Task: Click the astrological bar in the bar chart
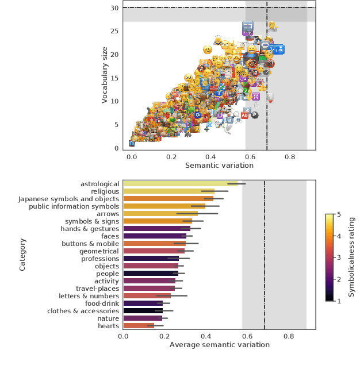(x=180, y=184)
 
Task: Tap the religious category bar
(x=168, y=191)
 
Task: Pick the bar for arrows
(x=160, y=214)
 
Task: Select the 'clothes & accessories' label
(x=83, y=311)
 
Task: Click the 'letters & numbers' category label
(x=89, y=296)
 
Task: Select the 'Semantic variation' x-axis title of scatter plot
(x=219, y=166)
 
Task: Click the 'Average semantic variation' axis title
(x=219, y=345)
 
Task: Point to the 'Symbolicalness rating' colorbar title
(x=351, y=257)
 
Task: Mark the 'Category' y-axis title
(x=23, y=255)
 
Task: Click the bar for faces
(x=152, y=236)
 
